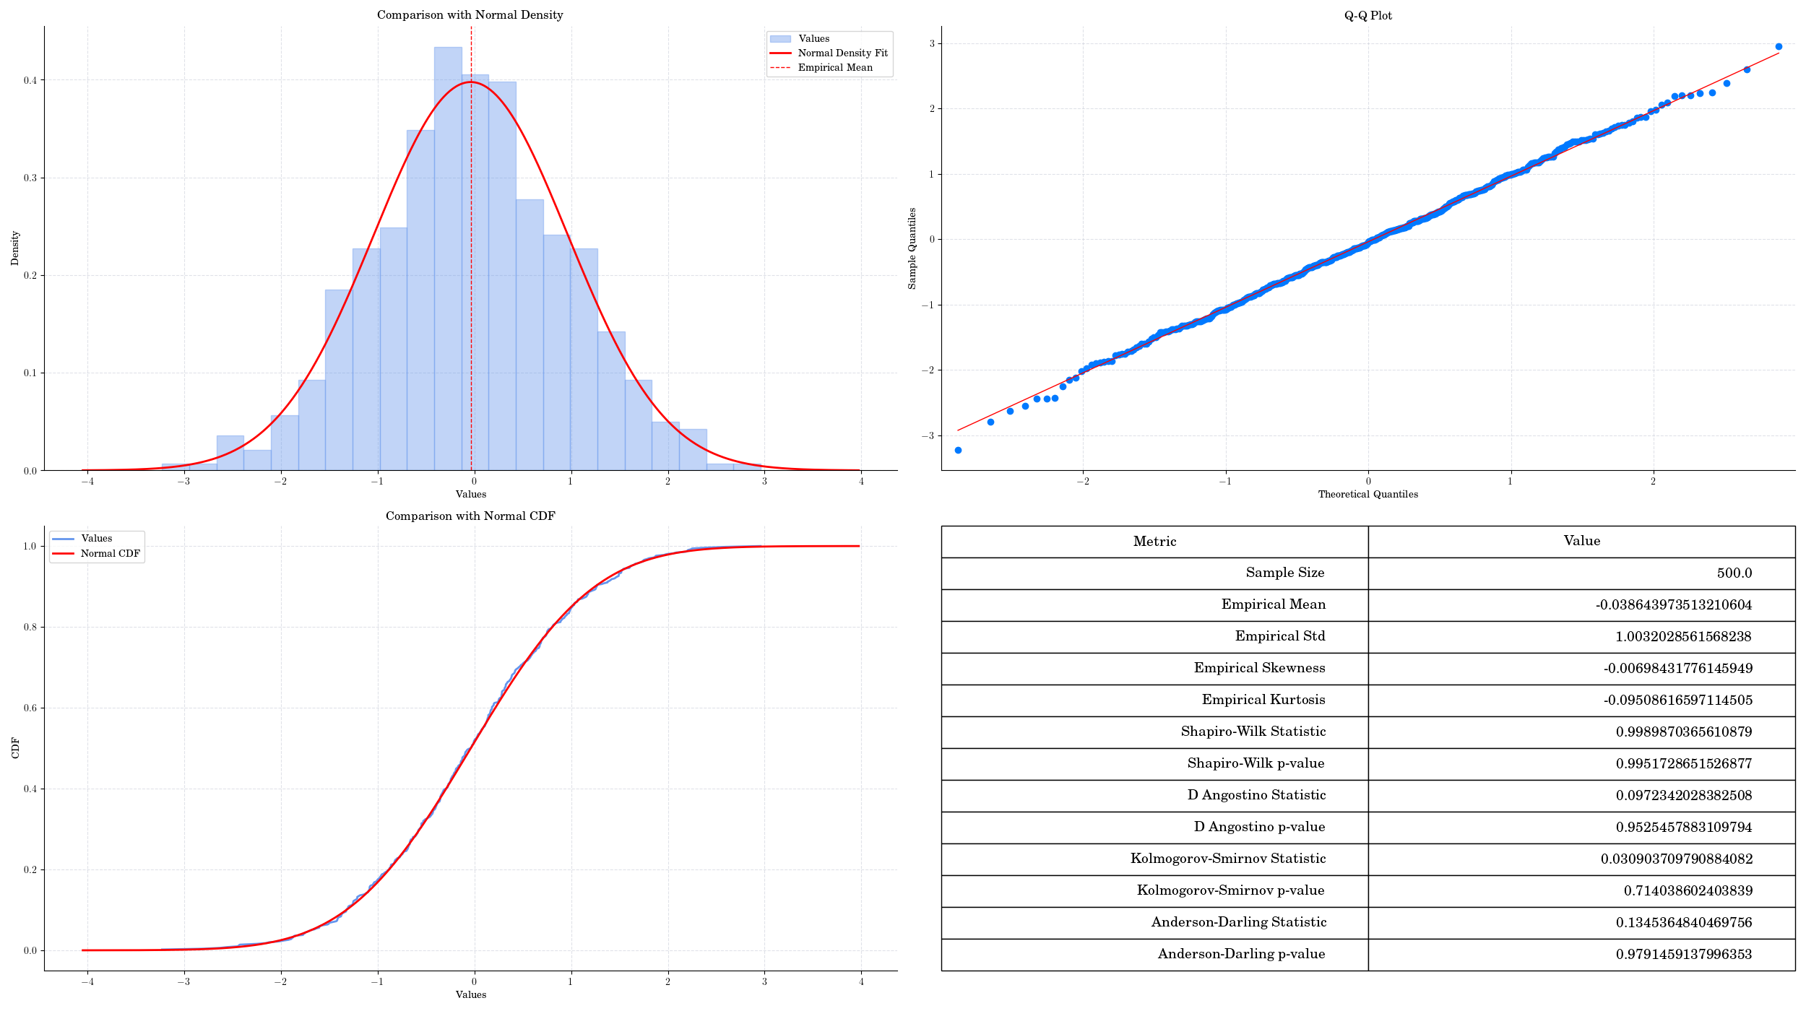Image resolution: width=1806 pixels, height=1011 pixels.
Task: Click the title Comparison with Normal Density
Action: (470, 15)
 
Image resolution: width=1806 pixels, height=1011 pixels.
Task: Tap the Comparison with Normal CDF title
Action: (470, 516)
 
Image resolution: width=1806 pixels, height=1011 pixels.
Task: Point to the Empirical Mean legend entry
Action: (834, 68)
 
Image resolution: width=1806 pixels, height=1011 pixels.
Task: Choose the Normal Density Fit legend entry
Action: (842, 53)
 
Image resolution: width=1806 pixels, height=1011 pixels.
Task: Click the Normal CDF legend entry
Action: (110, 554)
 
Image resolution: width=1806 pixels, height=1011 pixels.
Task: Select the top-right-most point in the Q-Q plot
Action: (1779, 47)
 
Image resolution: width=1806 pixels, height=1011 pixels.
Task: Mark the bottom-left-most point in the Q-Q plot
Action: (958, 451)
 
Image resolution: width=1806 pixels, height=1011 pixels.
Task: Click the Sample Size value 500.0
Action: (1734, 573)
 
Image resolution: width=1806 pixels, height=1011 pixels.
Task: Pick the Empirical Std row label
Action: (1279, 636)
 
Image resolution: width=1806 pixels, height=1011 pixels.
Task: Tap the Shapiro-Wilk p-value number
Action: (1683, 763)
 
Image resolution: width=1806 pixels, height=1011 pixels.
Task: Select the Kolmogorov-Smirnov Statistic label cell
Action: (1227, 859)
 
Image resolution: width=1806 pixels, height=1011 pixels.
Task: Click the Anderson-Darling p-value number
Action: (1683, 954)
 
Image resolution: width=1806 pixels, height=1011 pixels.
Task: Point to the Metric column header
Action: (1154, 542)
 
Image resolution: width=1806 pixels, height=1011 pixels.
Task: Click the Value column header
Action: (1581, 541)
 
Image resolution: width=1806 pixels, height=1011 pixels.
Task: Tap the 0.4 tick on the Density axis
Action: (30, 80)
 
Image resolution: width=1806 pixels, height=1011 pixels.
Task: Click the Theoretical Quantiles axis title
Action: (1368, 495)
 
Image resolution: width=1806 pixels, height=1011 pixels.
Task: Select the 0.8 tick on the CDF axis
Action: (30, 627)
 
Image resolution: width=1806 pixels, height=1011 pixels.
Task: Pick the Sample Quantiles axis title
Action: (912, 248)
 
